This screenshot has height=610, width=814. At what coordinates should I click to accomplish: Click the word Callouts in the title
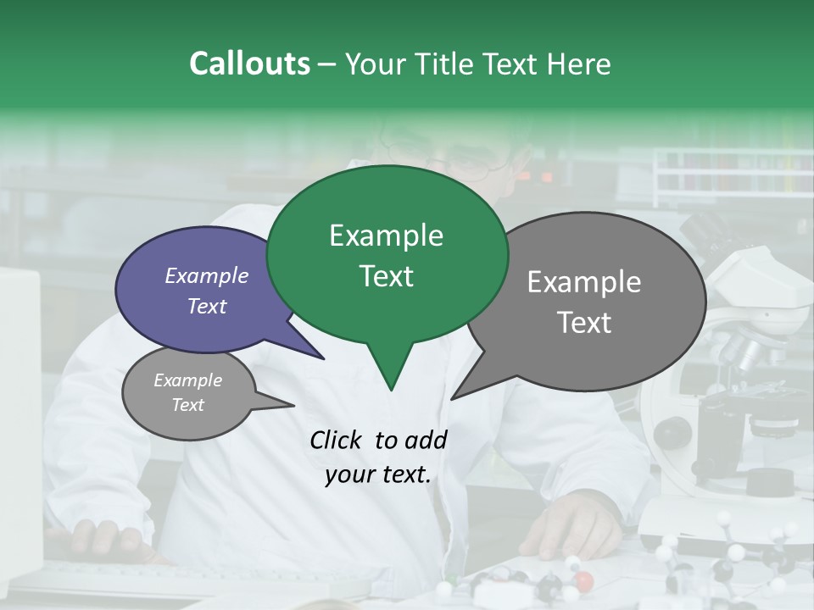point(249,64)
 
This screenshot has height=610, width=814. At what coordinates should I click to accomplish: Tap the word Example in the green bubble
point(386,236)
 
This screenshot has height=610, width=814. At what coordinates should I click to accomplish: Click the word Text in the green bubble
point(386,276)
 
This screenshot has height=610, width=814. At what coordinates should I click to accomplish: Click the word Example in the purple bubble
point(207,275)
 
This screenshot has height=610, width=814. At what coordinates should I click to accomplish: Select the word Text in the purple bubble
point(207,306)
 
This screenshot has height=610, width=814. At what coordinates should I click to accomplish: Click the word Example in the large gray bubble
point(584,282)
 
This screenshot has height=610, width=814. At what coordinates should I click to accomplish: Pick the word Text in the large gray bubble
point(584,323)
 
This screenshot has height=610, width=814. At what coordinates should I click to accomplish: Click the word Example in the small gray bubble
point(188,380)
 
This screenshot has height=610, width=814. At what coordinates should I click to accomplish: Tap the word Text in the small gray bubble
point(188,405)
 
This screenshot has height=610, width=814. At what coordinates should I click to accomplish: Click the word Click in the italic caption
point(337,440)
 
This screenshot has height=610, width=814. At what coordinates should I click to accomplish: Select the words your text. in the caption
point(378,475)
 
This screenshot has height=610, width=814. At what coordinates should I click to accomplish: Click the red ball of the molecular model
point(585,581)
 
